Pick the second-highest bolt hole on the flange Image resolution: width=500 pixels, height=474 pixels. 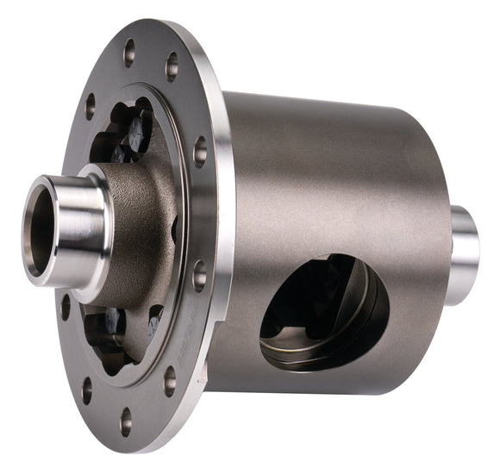(x=172, y=65)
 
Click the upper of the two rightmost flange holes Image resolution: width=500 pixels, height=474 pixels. (x=200, y=152)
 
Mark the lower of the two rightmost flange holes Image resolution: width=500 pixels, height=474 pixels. (x=199, y=277)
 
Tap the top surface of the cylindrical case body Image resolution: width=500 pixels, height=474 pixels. (x=336, y=116)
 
